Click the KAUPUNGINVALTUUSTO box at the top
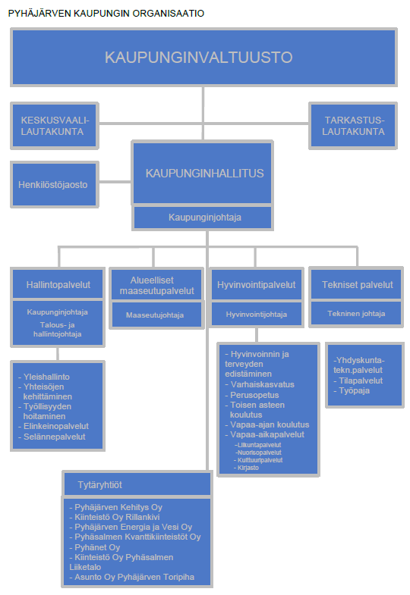[203, 58]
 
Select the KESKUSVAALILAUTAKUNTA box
[55, 126]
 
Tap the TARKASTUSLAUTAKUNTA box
[353, 126]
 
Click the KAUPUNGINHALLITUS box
[203, 173]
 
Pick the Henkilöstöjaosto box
[55, 184]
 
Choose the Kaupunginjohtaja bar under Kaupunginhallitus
[203, 218]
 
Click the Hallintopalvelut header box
[58, 284]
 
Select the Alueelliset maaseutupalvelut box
[156, 285]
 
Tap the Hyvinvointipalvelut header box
[257, 284]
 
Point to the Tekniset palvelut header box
[356, 284]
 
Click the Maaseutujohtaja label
[155, 315]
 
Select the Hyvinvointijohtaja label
[257, 315]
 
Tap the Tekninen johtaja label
[356, 314]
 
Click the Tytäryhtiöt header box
[137, 484]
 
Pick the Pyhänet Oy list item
[95, 547]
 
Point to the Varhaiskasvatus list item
[260, 384]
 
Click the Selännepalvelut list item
[52, 437]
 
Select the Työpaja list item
[352, 390]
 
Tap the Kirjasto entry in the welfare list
[246, 468]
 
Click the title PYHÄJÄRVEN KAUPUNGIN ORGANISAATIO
[106, 14]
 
